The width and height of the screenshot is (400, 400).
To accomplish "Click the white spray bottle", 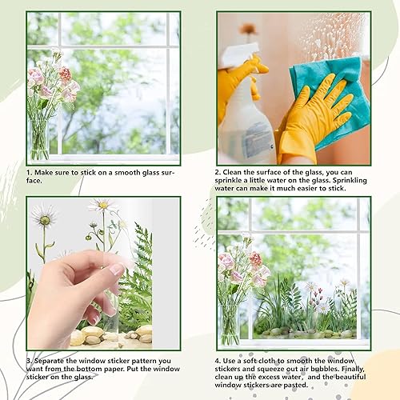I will click(245, 120).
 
